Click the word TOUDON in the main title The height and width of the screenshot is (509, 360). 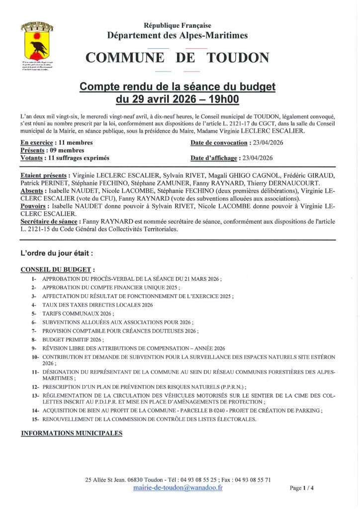(238, 58)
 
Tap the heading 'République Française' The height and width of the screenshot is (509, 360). (178, 26)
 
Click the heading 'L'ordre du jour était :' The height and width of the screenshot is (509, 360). (57, 253)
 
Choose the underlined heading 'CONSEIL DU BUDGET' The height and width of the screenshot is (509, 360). (56, 269)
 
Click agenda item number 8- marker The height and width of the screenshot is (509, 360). (34, 339)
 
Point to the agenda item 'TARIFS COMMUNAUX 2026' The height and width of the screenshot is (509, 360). (78, 314)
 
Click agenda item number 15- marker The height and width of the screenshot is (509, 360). (35, 420)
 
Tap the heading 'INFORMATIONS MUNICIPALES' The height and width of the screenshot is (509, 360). (71, 433)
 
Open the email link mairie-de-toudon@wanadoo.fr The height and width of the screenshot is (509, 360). (178, 488)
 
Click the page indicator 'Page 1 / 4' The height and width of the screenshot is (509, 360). (302, 488)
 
